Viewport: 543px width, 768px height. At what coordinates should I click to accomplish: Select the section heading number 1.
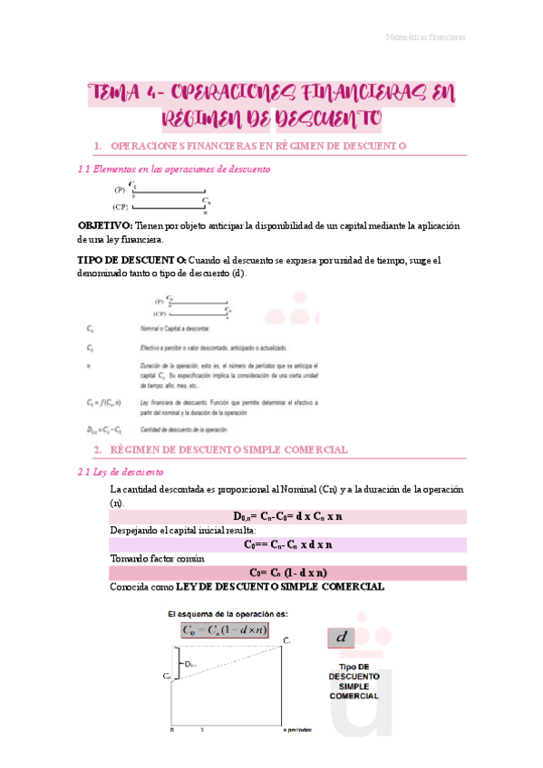point(97,146)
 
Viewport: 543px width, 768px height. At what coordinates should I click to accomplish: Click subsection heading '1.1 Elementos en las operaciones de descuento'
point(172,169)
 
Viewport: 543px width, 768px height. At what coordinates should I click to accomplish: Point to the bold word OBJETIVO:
point(104,225)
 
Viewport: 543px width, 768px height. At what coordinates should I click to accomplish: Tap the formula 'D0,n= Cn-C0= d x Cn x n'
point(287,516)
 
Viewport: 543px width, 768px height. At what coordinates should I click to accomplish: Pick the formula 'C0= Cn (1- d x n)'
point(287,572)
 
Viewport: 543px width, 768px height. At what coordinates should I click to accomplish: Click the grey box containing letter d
point(343,638)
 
